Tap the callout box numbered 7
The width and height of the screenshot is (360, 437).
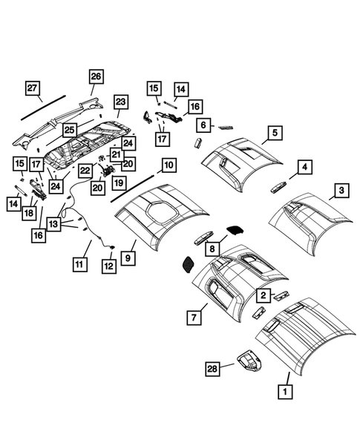(193, 318)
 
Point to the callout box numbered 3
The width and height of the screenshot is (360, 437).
(340, 192)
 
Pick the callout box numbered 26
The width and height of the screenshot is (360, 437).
(96, 76)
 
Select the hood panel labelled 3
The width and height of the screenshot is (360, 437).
(312, 219)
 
